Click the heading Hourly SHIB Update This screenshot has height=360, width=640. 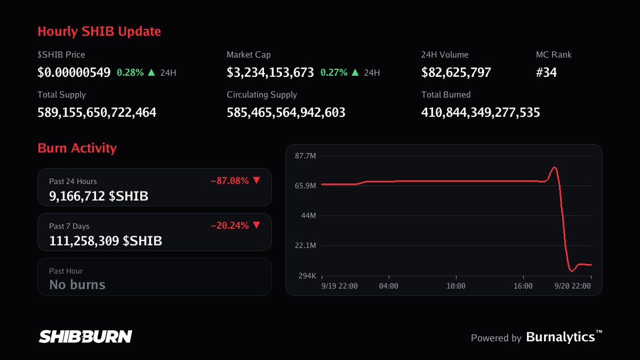tap(99, 31)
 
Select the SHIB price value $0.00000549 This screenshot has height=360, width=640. tap(74, 73)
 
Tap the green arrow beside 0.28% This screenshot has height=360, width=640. tap(151, 73)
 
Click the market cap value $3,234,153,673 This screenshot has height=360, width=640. tap(270, 73)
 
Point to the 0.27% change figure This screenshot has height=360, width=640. tap(334, 73)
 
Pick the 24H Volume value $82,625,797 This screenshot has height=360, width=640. tap(456, 73)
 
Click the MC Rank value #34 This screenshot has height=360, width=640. tap(546, 73)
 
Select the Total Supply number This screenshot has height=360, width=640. tap(97, 113)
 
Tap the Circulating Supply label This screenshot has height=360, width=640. tap(262, 94)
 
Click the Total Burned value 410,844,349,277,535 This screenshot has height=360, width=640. tap(481, 113)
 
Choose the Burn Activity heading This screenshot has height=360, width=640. tap(77, 148)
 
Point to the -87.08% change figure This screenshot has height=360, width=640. tap(230, 181)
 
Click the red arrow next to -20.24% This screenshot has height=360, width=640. tap(257, 225)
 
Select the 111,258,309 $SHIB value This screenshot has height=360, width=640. tap(106, 241)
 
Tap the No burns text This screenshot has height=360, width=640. tap(77, 285)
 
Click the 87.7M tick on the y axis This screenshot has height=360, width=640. tap(306, 156)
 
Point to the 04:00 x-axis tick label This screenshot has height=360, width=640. tap(389, 286)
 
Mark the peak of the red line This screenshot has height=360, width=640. tap(554, 167)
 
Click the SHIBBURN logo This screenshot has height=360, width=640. tap(85, 337)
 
